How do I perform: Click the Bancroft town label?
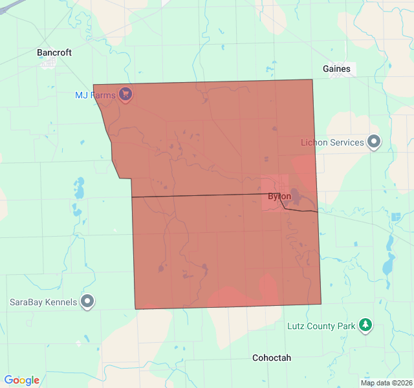click(54, 52)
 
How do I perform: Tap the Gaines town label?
click(336, 69)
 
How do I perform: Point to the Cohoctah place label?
click(272, 358)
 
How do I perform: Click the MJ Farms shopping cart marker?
click(125, 94)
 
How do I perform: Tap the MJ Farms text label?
click(95, 95)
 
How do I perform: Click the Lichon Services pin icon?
click(374, 142)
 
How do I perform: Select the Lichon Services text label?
click(332, 142)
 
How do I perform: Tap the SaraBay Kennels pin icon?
click(87, 301)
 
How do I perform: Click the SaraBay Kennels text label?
click(43, 302)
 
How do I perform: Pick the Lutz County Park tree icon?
click(366, 325)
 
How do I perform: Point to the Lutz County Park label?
click(321, 326)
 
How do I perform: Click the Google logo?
click(21, 380)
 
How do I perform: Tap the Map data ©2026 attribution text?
click(386, 383)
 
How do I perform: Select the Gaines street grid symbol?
click(338, 76)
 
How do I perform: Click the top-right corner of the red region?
click(312, 80)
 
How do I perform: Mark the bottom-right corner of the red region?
click(321, 304)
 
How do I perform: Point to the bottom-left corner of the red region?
click(136, 309)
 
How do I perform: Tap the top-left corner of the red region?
click(93, 85)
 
